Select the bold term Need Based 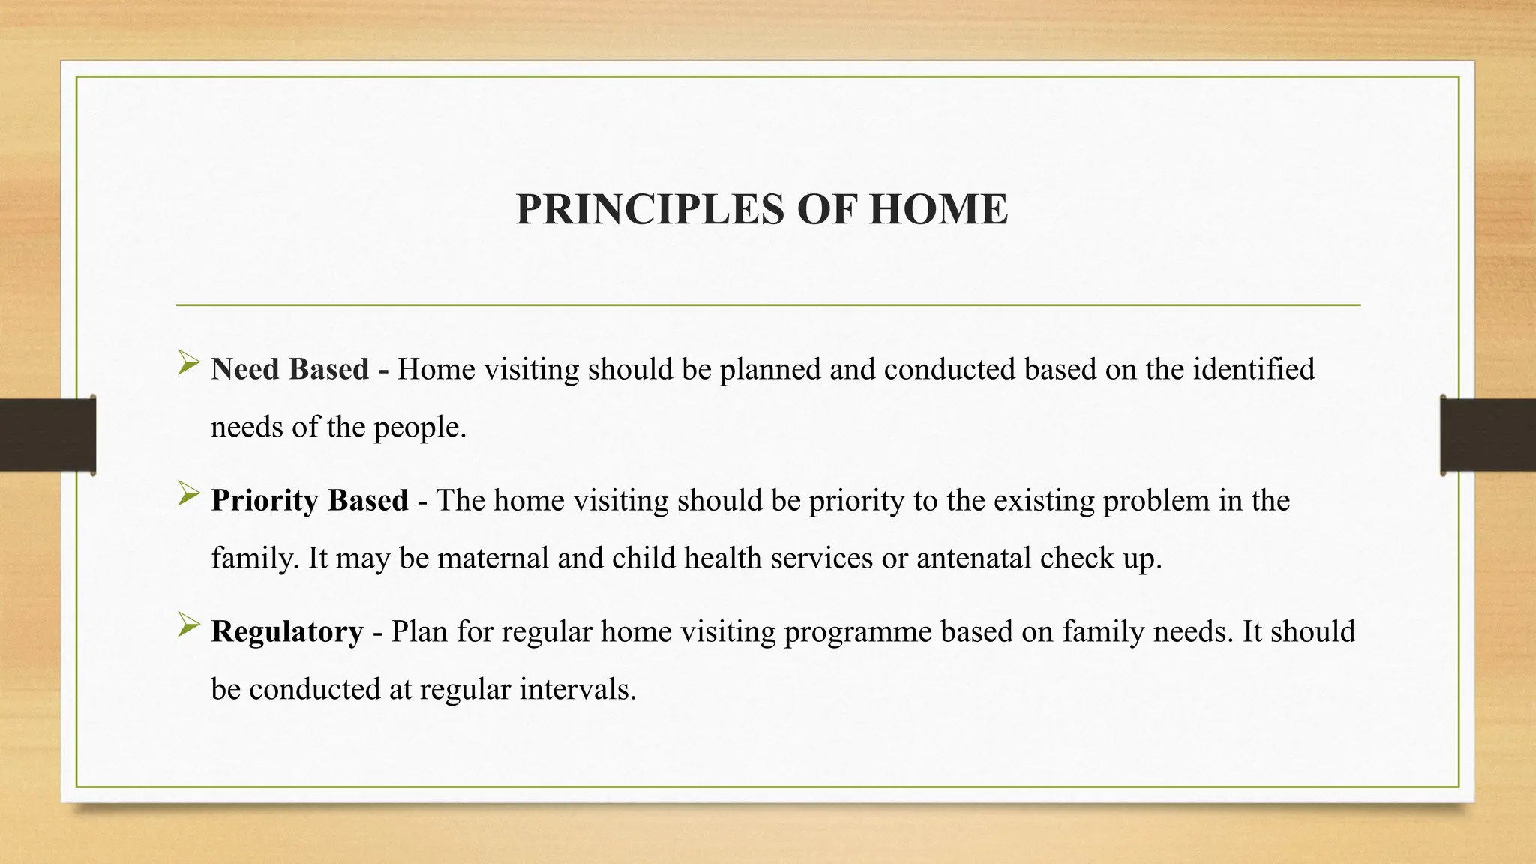pyautogui.click(x=289, y=369)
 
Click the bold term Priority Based pyautogui.click(x=309, y=500)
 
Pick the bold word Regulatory pyautogui.click(x=286, y=631)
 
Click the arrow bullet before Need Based pyautogui.click(x=188, y=365)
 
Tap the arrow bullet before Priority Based pyautogui.click(x=188, y=496)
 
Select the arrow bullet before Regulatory pyautogui.click(x=188, y=627)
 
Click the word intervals pyautogui.click(x=577, y=689)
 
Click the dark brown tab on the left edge pyautogui.click(x=46, y=435)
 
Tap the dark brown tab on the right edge pyautogui.click(x=1488, y=435)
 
